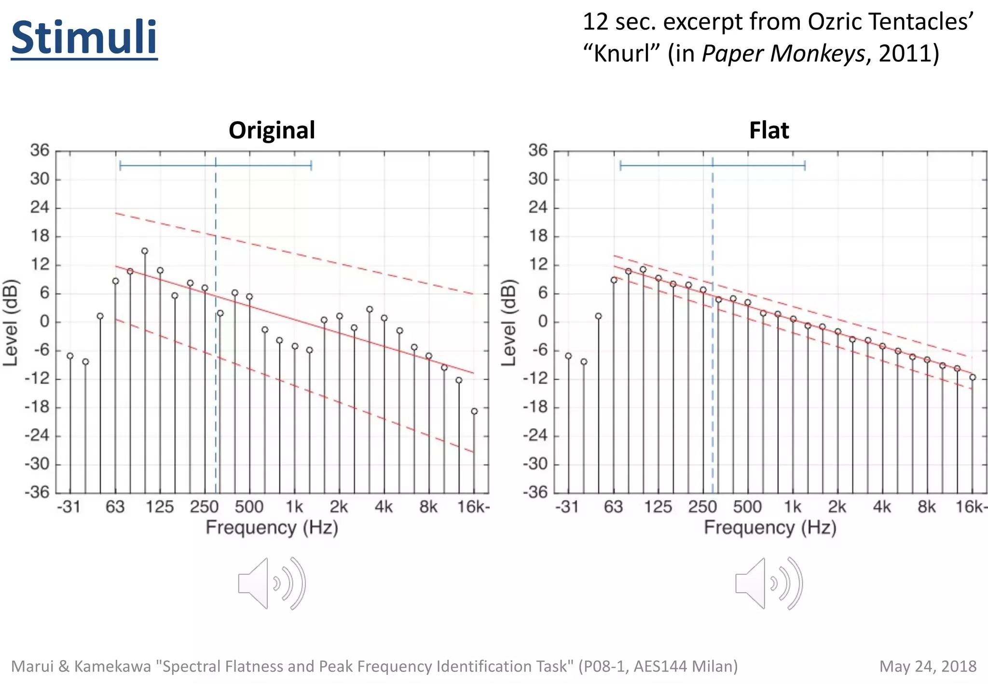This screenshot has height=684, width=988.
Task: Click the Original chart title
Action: point(272,130)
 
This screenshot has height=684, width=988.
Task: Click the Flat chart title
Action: point(769,130)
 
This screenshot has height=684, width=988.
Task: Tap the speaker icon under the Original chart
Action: point(272,584)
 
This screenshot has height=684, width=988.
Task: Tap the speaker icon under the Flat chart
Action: point(769,584)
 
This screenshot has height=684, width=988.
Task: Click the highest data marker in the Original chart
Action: point(145,251)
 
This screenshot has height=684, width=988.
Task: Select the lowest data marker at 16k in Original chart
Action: point(474,411)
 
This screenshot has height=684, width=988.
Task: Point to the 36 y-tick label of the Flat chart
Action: point(537,150)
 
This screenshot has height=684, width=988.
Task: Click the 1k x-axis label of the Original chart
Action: point(294,507)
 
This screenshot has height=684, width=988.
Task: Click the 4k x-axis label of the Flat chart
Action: point(882,507)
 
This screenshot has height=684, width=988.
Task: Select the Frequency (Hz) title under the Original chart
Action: point(272,527)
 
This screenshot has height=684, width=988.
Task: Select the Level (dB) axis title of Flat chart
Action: point(508,322)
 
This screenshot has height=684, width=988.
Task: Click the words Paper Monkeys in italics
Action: point(783,53)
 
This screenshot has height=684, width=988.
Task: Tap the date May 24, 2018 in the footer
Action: point(927,666)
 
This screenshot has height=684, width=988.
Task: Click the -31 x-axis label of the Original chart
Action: point(69,507)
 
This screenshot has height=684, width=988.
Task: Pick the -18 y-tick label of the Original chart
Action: point(37,407)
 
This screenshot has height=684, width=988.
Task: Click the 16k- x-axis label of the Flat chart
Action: point(971,507)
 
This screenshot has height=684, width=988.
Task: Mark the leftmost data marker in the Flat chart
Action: point(568,356)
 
